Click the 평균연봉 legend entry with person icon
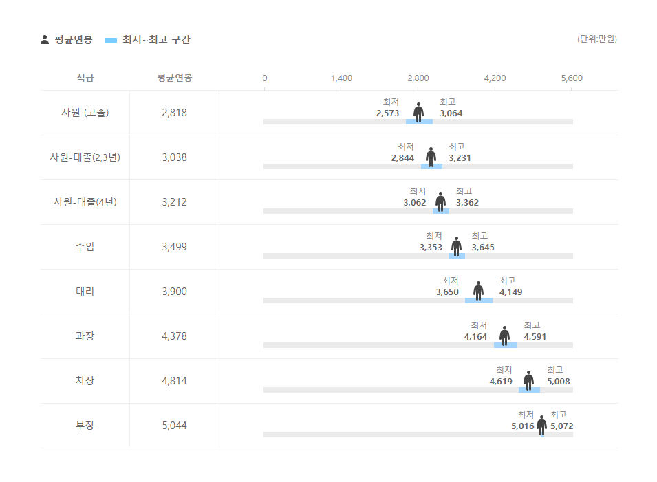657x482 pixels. point(67,40)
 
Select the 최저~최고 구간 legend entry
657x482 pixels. point(147,40)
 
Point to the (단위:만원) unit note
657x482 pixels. point(596,39)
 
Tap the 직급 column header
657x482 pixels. point(85,78)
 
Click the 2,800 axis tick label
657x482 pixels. point(418,78)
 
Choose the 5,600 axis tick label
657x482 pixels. point(572,78)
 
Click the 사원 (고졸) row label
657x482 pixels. point(85,113)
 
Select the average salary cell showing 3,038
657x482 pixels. point(174,157)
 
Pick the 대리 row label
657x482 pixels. point(85,292)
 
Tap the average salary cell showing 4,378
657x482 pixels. point(174,336)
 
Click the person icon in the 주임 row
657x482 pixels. point(456,245)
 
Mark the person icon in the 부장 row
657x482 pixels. point(541,424)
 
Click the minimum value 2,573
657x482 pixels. point(388,113)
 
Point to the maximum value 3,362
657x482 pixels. point(467,203)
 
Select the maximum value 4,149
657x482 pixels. point(510,292)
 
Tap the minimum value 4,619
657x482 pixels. point(501,382)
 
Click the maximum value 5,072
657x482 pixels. point(562,426)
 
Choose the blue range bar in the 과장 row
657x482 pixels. point(506,345)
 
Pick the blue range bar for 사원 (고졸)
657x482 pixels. point(419,122)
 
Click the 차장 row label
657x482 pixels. point(85,381)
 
